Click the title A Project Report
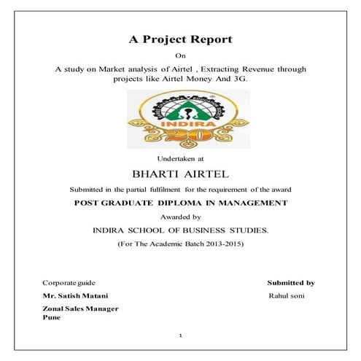coord(181,39)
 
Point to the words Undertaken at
coord(181,158)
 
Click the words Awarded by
coord(181,217)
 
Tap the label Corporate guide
coord(69,282)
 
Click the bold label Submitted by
coord(291,282)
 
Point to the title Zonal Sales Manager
coord(80,309)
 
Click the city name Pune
coord(50,318)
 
